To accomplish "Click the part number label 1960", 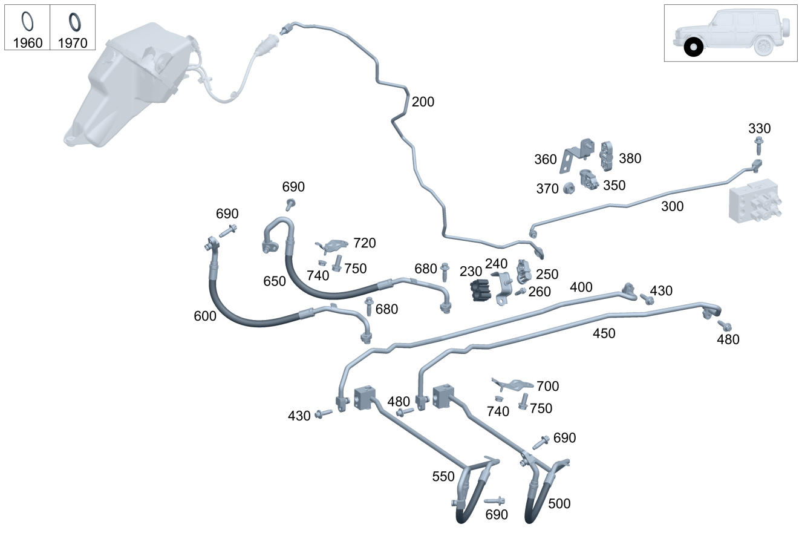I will (27, 43).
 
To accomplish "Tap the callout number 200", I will (423, 102).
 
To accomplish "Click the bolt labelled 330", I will (758, 145).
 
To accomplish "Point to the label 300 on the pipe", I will (672, 206).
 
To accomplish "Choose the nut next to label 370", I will (568, 189).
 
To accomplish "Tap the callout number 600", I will (205, 316).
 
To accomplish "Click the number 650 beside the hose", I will (274, 281).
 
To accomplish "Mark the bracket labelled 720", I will (332, 246).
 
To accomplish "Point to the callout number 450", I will (604, 333).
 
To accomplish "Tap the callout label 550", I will (443, 476).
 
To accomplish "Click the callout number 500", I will (559, 503).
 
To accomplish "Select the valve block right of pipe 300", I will (753, 203).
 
